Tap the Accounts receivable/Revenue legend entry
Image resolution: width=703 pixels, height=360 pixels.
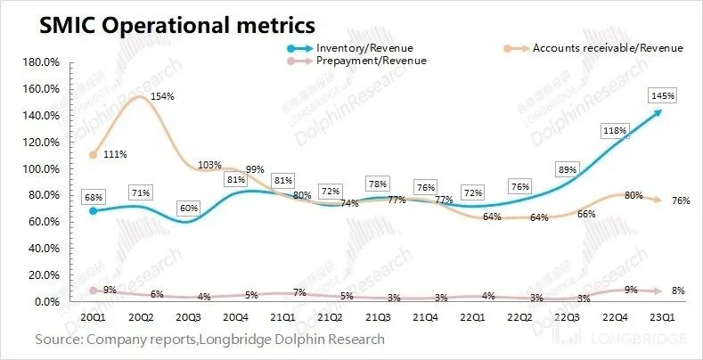pos(606,47)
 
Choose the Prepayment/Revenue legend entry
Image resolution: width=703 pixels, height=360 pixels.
pos(371,61)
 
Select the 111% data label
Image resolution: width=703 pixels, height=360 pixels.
pos(115,154)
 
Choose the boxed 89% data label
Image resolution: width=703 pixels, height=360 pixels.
pos(561,168)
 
